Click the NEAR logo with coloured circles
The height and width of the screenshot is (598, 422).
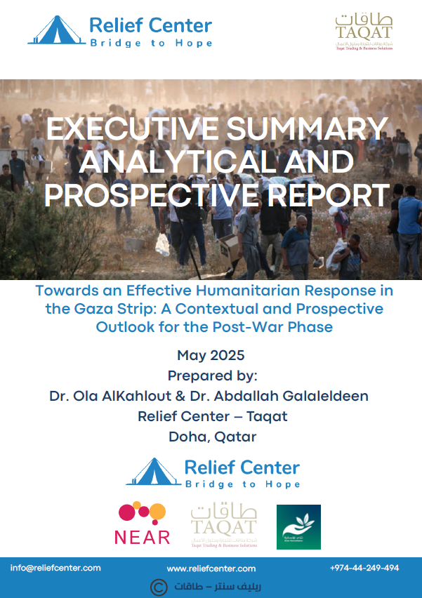click(142, 524)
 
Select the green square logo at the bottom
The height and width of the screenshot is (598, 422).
click(298, 526)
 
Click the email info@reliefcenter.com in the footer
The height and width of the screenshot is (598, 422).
click(55, 568)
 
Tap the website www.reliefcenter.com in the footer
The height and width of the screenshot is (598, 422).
click(211, 569)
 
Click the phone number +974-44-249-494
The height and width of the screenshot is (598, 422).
click(364, 568)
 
